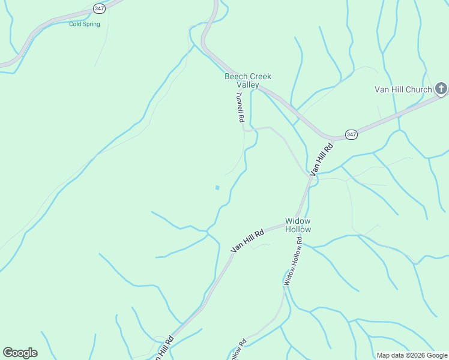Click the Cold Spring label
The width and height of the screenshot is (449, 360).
[x=84, y=24]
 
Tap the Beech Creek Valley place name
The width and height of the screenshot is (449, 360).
[x=247, y=80]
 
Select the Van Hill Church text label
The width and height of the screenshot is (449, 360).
[x=403, y=90]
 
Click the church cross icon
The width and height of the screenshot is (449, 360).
[x=441, y=90]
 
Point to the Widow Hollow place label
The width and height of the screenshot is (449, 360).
[x=298, y=225]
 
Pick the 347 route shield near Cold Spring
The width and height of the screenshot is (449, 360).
[x=99, y=8]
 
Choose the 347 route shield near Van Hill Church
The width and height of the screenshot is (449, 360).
[x=351, y=134]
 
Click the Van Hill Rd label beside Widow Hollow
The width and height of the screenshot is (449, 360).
[x=247, y=241]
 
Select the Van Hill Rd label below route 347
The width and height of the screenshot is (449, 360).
[x=321, y=159]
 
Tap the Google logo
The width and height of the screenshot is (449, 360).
[x=20, y=353]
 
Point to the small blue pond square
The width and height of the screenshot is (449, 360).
[x=217, y=188]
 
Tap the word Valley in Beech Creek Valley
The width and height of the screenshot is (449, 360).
[x=247, y=85]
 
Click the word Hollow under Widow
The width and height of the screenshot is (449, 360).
[x=298, y=230]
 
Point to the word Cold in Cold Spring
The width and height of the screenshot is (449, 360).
[x=76, y=24]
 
